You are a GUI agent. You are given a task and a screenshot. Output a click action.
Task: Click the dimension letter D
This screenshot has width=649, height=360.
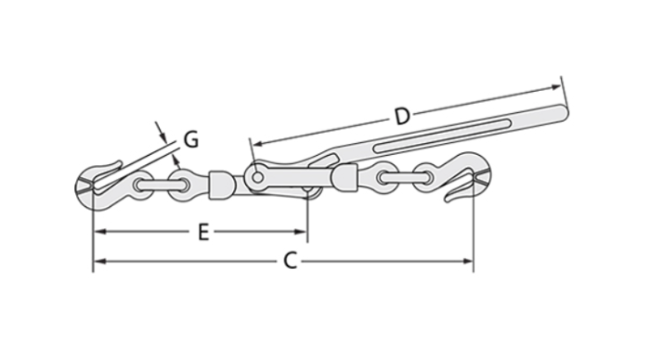(401, 116)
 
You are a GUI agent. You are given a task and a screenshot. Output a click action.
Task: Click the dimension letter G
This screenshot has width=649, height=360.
(189, 140)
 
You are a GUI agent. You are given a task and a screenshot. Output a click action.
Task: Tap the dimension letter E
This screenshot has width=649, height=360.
(202, 232)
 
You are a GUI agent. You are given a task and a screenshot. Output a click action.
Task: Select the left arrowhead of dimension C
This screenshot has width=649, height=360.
(97, 262)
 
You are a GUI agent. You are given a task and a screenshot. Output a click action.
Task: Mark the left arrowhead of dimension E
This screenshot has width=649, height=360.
(97, 232)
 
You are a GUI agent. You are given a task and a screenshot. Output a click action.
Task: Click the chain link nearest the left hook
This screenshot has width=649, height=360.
(143, 184)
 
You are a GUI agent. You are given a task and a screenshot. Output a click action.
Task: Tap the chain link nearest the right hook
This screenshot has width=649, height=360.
(429, 174)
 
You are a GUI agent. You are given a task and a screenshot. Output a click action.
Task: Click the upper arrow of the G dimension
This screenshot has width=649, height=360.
(162, 131)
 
